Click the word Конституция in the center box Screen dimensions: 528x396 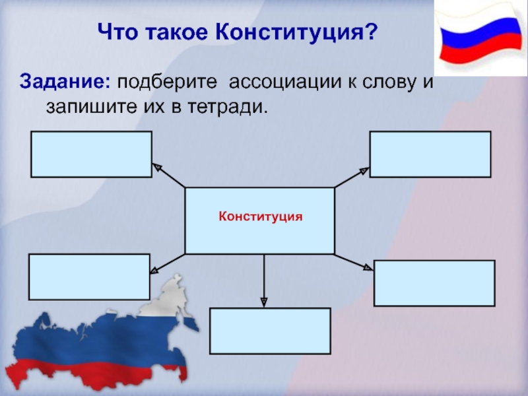coord(260,216)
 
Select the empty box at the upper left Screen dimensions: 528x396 coord(91,154)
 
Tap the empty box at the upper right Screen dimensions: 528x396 coord(430,154)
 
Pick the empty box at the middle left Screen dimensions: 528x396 coord(89,277)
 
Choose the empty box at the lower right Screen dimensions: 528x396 coord(434,283)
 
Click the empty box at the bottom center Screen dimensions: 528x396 coord(270,331)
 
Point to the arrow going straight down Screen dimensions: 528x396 coord(264,280)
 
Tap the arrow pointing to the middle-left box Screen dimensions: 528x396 coord(168,263)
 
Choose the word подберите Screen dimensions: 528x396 coord(158,83)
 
